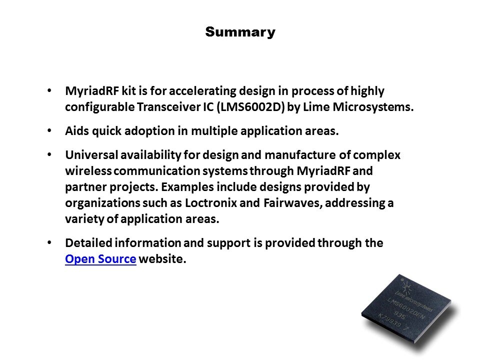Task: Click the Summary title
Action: tap(240, 32)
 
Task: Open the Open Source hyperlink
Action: tap(100, 259)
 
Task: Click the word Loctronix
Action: tap(211, 202)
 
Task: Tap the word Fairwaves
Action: tap(291, 202)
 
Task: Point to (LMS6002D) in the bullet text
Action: tap(250, 107)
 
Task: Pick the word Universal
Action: tap(91, 154)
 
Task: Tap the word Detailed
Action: tap(89, 243)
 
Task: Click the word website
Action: tap(162, 259)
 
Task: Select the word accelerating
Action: tap(202, 91)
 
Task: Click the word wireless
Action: tap(88, 170)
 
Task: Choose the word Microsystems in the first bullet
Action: tap(373, 107)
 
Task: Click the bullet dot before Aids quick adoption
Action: tap(49, 130)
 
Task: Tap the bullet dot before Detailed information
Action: tap(49, 242)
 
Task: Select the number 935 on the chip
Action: tap(399, 315)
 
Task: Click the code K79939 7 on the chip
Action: tap(393, 321)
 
